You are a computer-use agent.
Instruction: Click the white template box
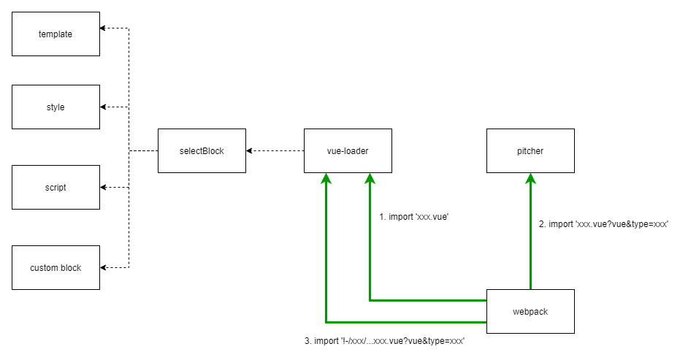pyautogui.click(x=56, y=34)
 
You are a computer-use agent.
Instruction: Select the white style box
pyautogui.click(x=56, y=107)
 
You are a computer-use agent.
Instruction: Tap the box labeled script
pyautogui.click(x=56, y=187)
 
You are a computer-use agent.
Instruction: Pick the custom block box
pyautogui.click(x=56, y=267)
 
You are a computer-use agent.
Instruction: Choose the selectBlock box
pyautogui.click(x=202, y=150)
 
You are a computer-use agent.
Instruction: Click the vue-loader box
pyautogui.click(x=348, y=150)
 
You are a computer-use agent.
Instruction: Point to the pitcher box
pyautogui.click(x=530, y=150)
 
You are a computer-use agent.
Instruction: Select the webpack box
pyautogui.click(x=530, y=311)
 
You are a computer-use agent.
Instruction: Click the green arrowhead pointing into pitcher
pyautogui.click(x=530, y=178)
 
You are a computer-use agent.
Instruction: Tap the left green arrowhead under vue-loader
pyautogui.click(x=326, y=178)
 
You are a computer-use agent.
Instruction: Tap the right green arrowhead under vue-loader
pyautogui.click(x=370, y=178)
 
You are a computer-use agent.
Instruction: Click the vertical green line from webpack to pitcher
pyautogui.click(x=530, y=234)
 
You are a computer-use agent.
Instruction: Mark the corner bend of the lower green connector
pyautogui.click(x=326, y=322)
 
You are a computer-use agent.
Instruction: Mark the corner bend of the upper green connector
pyautogui.click(x=370, y=300)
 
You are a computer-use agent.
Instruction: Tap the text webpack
pyautogui.click(x=530, y=312)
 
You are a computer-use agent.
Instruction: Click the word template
pyautogui.click(x=56, y=34)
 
